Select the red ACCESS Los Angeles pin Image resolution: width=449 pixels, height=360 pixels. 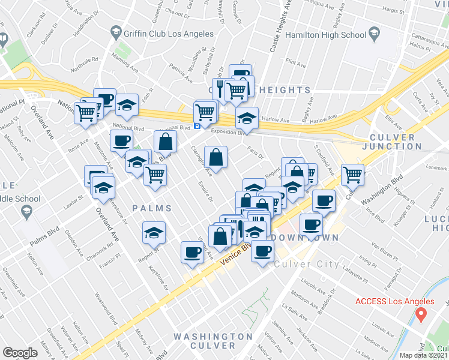422,313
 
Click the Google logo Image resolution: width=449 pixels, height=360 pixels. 20,353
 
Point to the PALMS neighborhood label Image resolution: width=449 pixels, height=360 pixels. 152,208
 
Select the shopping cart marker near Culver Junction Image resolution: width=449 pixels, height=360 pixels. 352,175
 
